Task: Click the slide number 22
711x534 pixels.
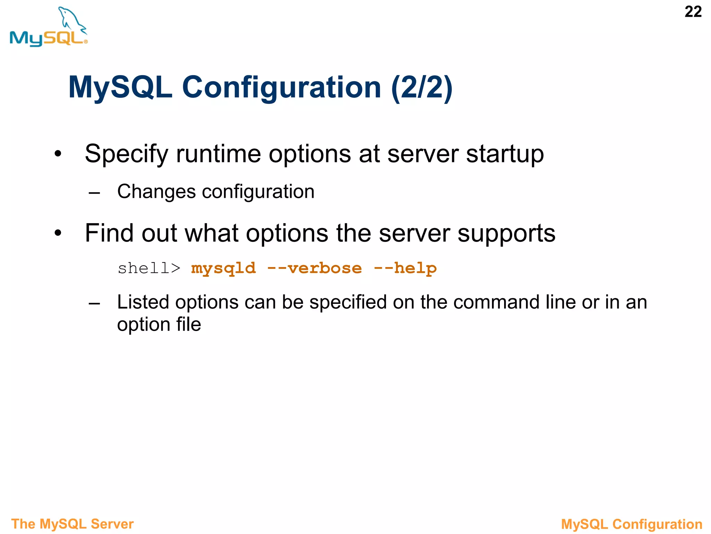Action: tap(693, 12)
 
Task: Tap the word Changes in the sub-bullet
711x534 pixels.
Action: tap(156, 192)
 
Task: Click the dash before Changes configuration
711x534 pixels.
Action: tap(94, 193)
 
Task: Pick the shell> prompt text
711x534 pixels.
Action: tap(149, 268)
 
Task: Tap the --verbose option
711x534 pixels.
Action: tap(314, 268)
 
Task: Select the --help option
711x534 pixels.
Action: tap(405, 268)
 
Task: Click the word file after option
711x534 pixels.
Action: tap(189, 324)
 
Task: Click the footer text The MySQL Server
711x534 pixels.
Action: tap(72, 524)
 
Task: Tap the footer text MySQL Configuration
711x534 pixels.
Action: tap(631, 524)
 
